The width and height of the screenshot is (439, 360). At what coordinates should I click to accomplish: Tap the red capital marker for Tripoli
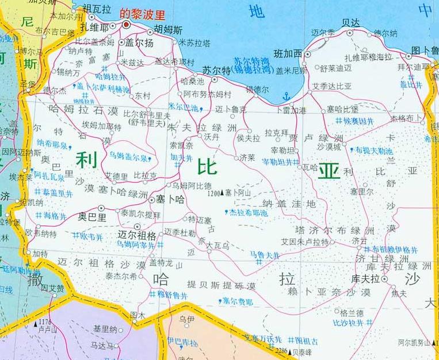coord(126,25)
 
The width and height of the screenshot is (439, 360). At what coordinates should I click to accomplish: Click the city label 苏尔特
coord(216,70)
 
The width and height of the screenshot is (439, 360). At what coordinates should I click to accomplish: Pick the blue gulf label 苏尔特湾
coord(251,59)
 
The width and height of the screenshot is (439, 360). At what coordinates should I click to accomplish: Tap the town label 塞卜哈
coord(172,199)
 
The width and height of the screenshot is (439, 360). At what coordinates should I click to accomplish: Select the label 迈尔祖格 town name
coord(136,235)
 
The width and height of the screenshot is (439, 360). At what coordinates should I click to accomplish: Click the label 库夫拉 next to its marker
coord(366,278)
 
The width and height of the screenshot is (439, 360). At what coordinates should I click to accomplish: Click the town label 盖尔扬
coord(140,44)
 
